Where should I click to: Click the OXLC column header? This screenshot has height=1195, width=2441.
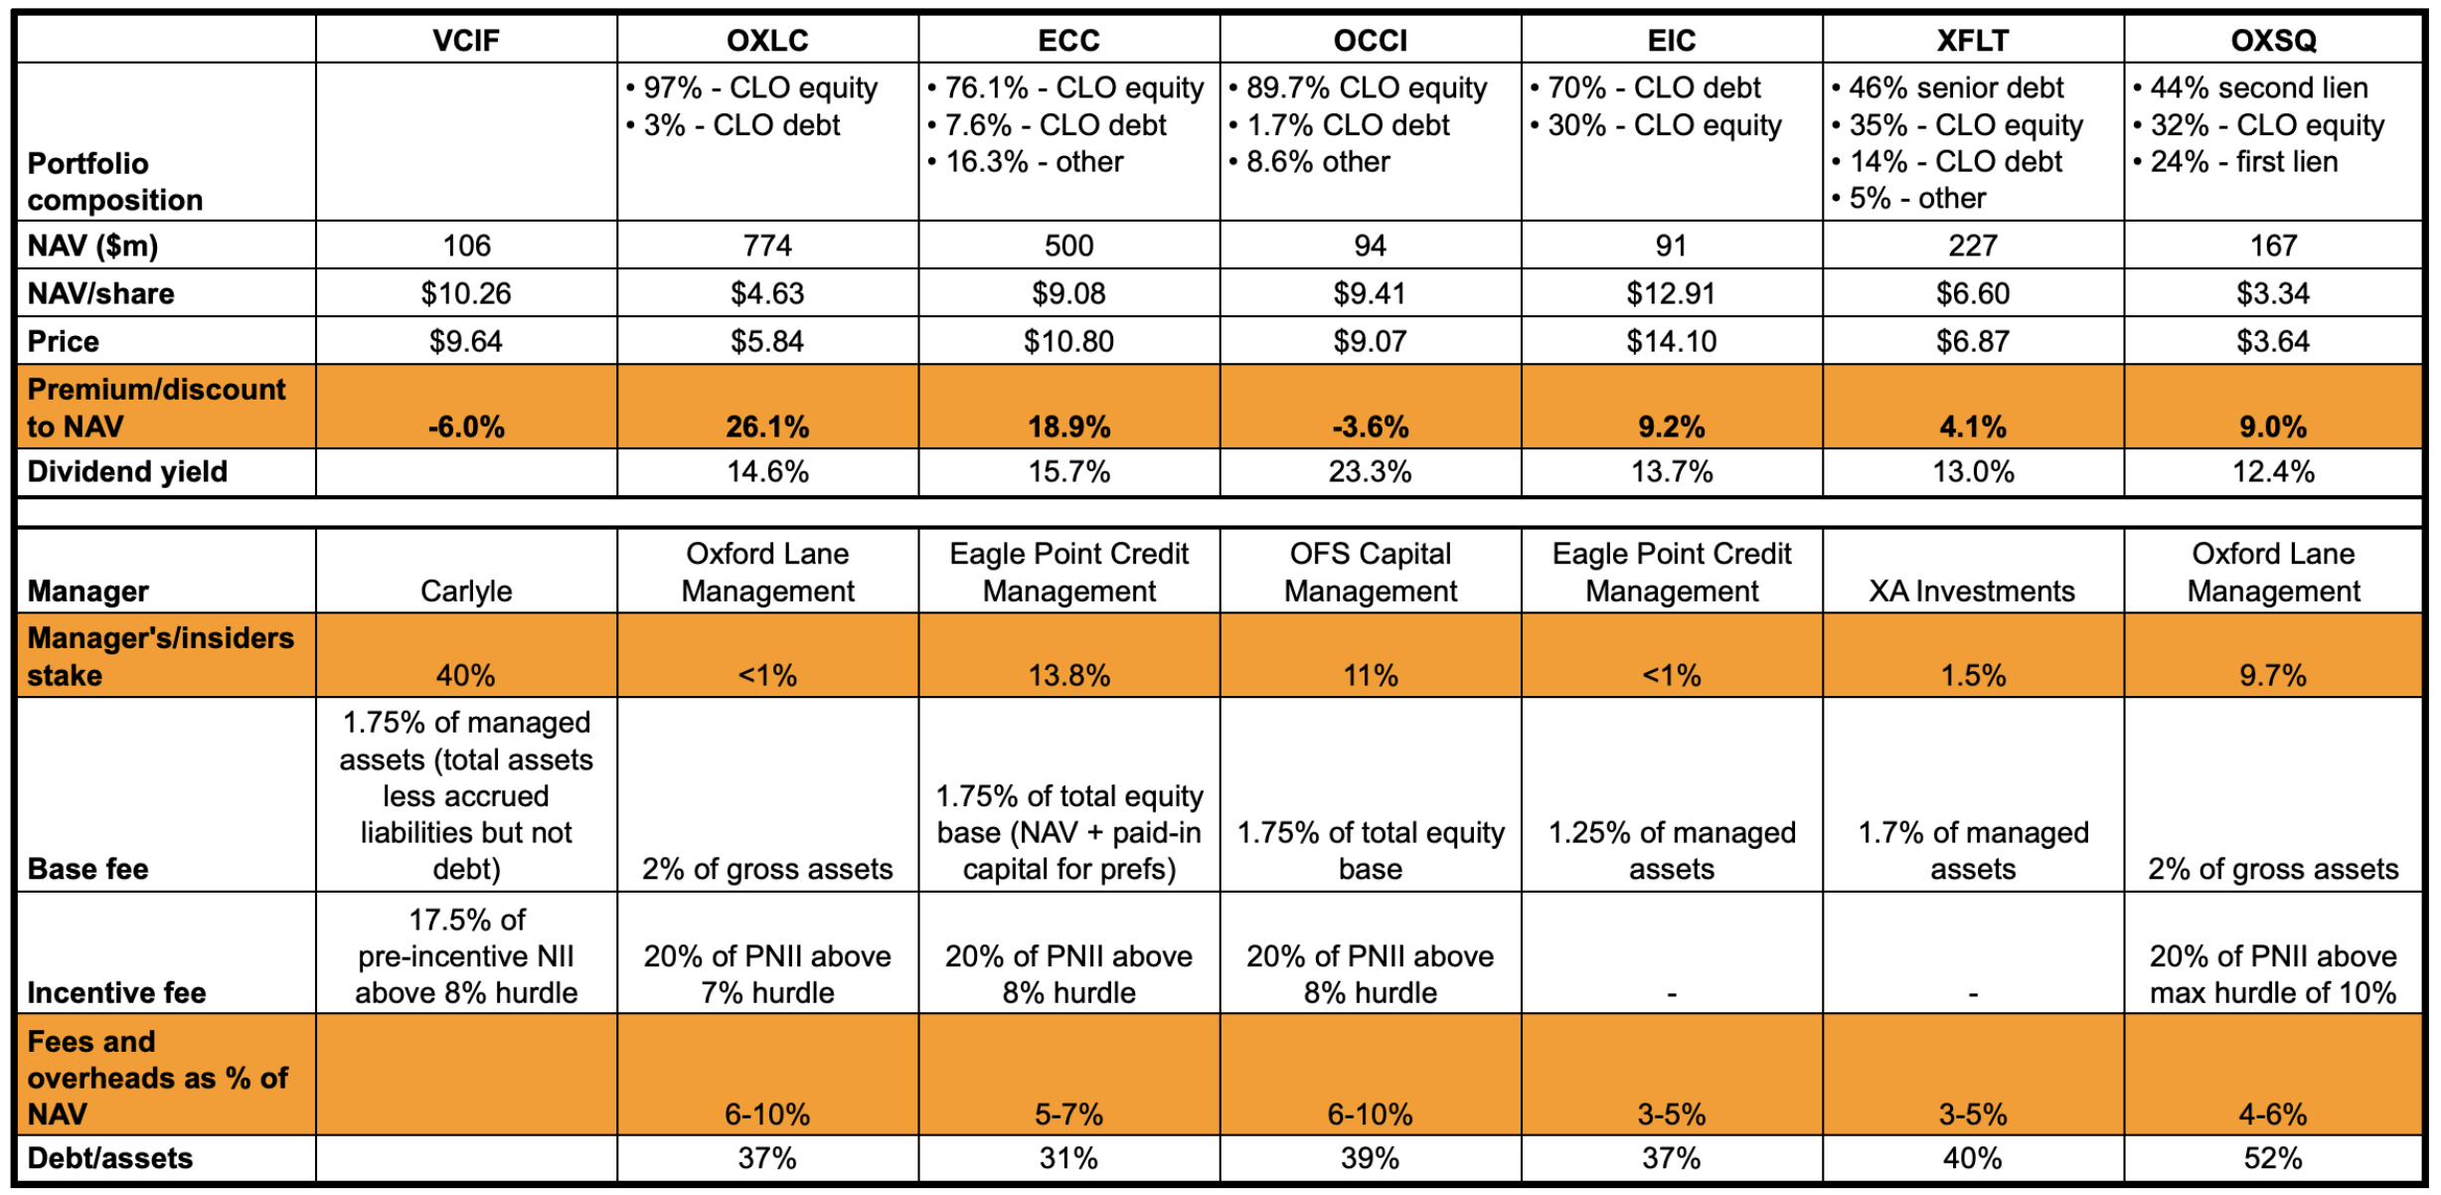coord(766,41)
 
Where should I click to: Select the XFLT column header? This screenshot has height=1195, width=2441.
coord(1972,41)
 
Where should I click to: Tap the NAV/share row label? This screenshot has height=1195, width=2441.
coord(100,294)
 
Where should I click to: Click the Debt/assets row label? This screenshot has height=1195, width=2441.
coord(110,1158)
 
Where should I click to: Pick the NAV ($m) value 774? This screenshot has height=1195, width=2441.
coord(766,246)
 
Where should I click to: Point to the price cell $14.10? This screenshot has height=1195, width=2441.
coord(1671,342)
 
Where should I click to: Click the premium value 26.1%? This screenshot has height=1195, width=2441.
coord(766,427)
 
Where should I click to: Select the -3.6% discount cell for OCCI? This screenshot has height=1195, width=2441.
coord(1370,427)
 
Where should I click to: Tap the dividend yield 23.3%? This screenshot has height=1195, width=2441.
coord(1370,472)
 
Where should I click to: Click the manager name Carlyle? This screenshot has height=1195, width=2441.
coord(466,592)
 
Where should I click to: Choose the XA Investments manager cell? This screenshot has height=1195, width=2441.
coord(1972,592)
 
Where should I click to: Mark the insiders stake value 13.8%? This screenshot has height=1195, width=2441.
coord(1068,676)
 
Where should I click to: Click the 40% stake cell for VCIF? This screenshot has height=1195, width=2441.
coord(466,676)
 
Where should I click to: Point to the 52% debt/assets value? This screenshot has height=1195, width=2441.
coord(2273,1158)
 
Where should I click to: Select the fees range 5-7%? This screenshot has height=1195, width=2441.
coord(1068,1114)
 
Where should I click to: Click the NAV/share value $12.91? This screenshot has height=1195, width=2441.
coord(1671,294)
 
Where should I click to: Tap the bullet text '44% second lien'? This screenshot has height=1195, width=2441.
coord(2258,88)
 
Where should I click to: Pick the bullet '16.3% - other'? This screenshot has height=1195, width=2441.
coord(1034,162)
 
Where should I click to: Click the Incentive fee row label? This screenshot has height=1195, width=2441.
coord(116,993)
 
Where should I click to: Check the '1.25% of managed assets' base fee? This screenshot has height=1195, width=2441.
coord(1671,851)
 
